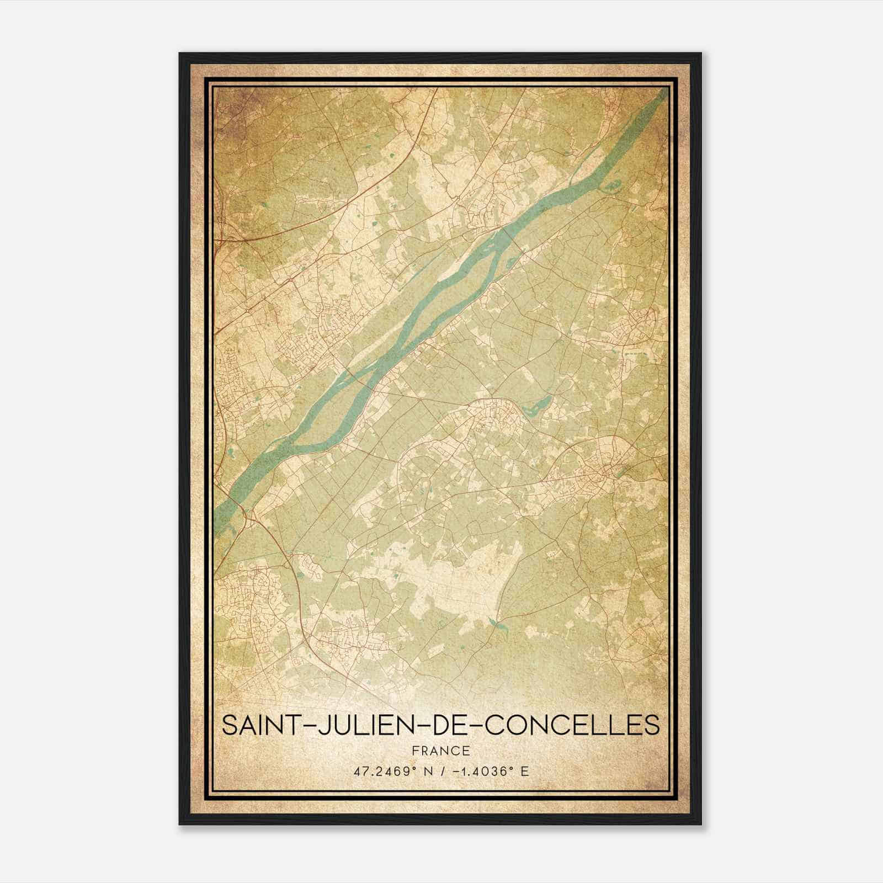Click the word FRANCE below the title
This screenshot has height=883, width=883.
coord(441,751)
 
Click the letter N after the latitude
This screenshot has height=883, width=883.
coord(425,771)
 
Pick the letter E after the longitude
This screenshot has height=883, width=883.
coord(525,771)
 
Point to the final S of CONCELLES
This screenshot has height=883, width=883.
coord(652,725)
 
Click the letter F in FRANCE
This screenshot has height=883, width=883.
coord(415,751)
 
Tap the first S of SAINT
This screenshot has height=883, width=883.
coord(229,725)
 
